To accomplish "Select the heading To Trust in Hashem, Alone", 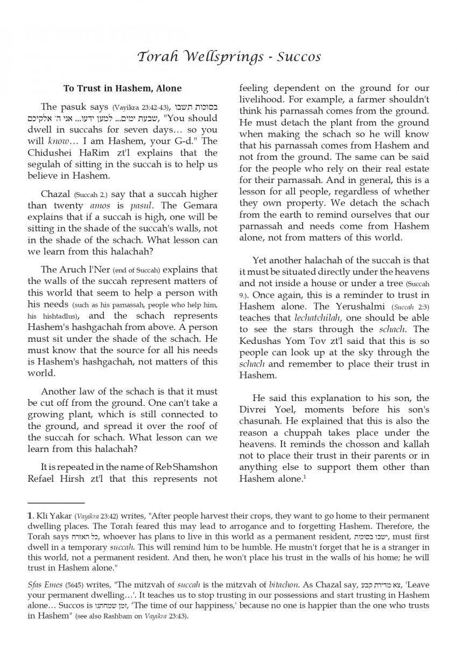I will pyautogui.click(x=122, y=88).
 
